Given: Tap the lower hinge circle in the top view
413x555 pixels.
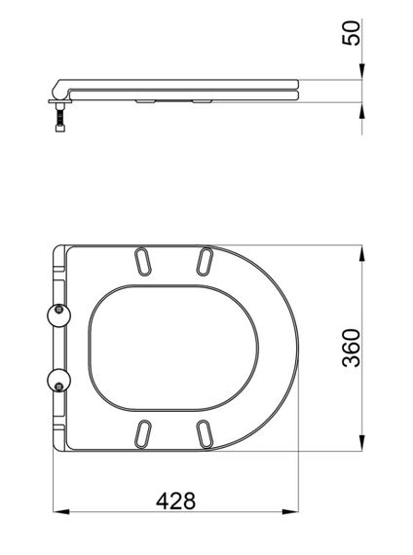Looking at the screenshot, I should pyautogui.click(x=57, y=379).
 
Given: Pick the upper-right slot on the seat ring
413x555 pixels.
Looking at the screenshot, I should pyautogui.click(x=205, y=260).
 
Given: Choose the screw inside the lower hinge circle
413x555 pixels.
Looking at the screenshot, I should pyautogui.click(x=59, y=382).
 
